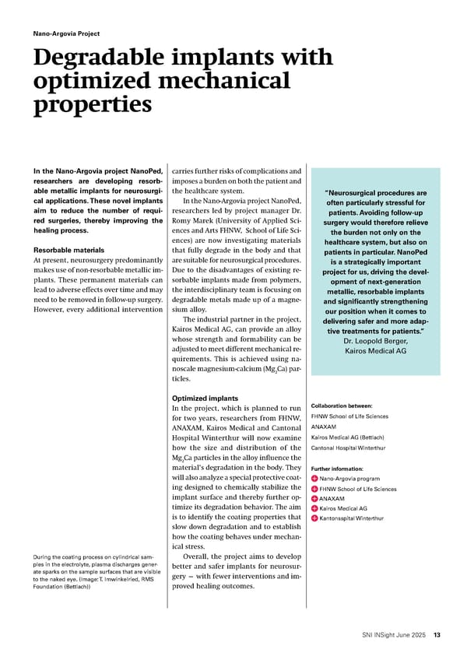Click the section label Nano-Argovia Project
[66, 34]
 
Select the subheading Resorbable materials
[70, 251]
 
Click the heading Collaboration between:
[342, 405]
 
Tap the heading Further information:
[337, 469]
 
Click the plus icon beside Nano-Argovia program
[314, 479]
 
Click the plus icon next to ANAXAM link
[314, 499]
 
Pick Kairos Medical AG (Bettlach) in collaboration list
[346, 437]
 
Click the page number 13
[437, 636]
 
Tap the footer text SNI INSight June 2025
[394, 636]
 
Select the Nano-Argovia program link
[349, 479]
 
